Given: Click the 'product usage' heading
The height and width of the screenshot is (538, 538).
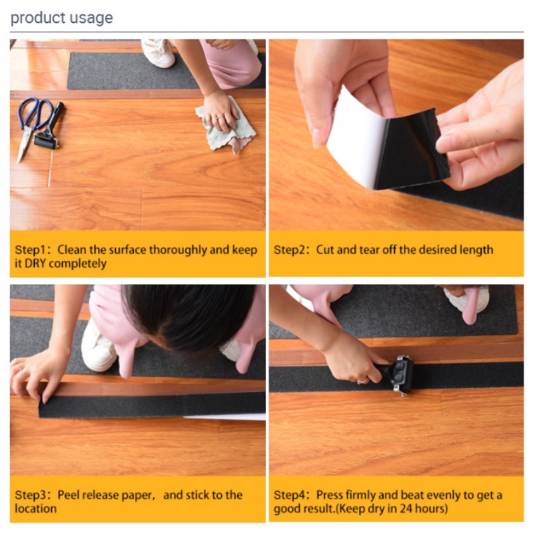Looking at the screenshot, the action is (x=62, y=18).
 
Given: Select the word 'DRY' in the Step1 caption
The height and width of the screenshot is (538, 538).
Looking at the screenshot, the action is (x=35, y=263).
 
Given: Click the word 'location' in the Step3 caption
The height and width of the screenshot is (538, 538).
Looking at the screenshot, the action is (x=35, y=508).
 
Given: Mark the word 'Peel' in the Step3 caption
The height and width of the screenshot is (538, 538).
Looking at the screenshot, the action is (x=68, y=495).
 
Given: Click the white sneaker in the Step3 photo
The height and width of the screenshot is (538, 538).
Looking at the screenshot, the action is (x=99, y=347).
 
